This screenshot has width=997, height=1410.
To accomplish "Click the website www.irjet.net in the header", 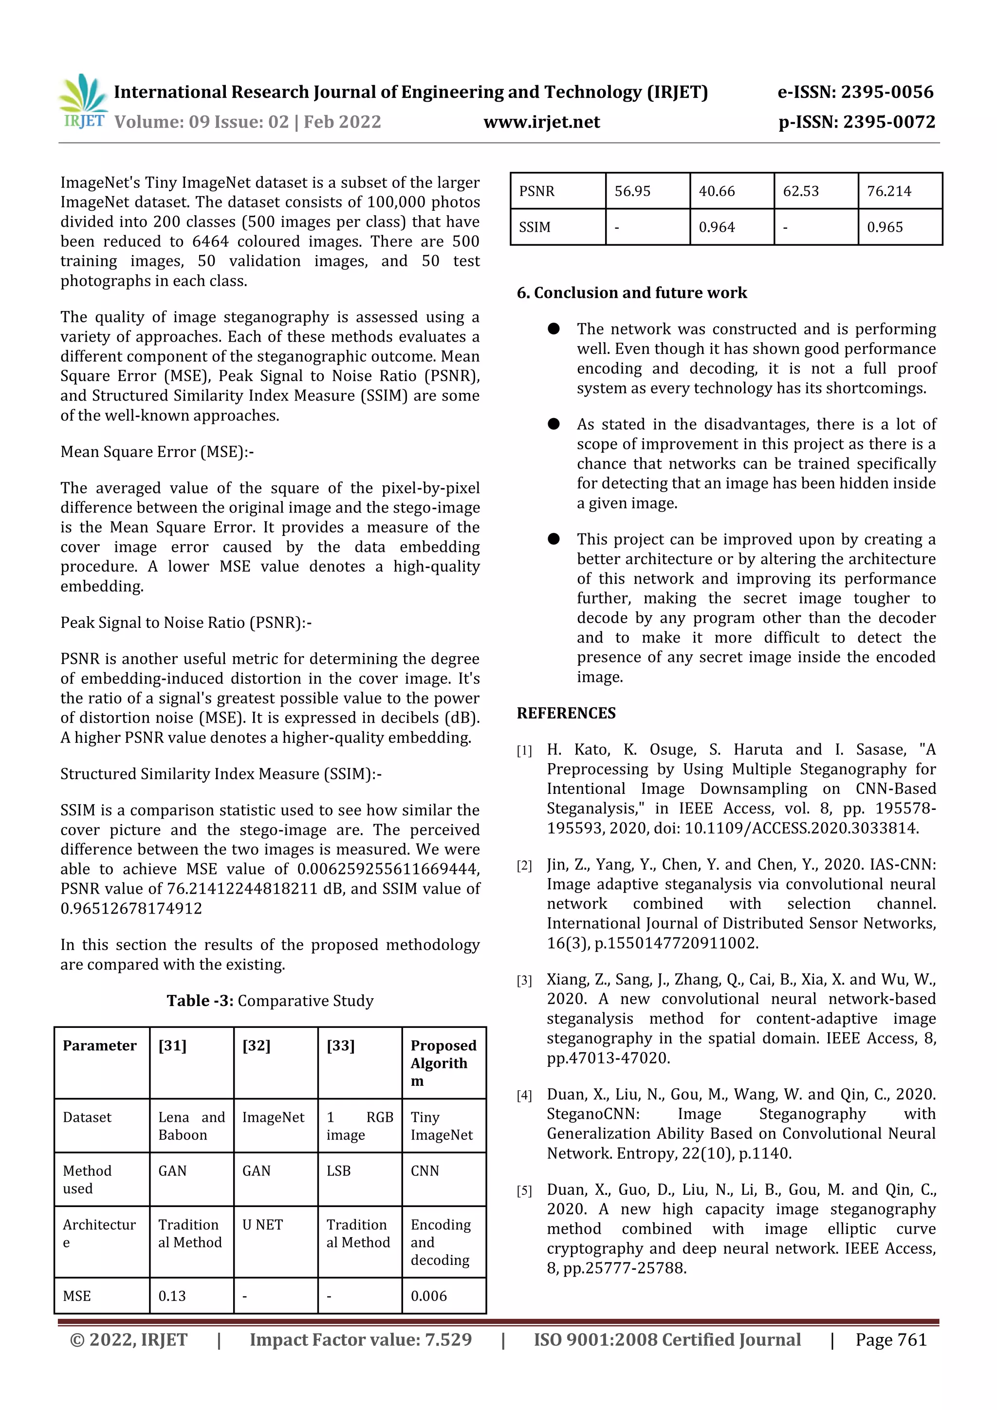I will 541,122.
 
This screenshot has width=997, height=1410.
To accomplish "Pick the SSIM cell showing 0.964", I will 716,227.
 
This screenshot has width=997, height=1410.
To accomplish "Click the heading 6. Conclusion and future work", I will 631,293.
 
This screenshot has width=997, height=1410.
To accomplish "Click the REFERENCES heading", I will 566,713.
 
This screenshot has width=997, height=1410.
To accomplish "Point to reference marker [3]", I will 524,981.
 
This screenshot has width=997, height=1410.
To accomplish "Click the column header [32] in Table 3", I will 256,1046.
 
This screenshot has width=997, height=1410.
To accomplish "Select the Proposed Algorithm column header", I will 443,1063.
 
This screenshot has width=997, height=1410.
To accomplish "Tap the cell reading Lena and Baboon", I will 191,1126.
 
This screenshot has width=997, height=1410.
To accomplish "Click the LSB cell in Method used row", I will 338,1171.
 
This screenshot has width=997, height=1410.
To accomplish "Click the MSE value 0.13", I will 172,1296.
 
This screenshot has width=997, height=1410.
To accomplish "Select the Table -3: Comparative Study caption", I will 270,1001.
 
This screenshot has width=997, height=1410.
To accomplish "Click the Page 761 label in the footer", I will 891,1340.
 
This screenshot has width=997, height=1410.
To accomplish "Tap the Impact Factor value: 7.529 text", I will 361,1340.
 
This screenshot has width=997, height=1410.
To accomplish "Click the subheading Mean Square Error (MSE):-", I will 157,452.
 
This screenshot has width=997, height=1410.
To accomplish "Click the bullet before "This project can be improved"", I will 554,539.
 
